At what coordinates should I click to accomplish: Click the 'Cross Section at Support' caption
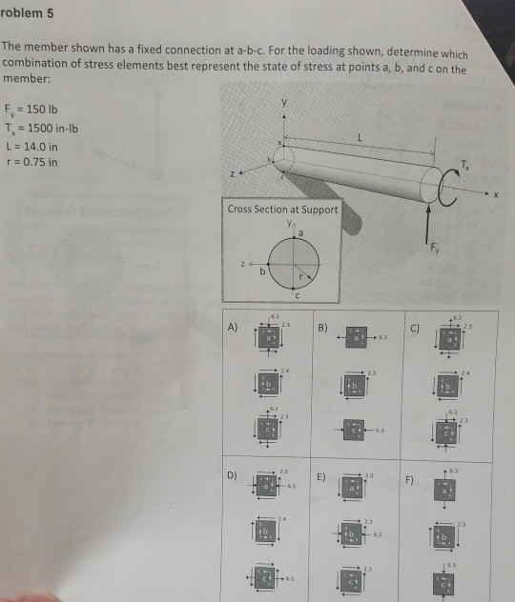coord(282,209)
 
